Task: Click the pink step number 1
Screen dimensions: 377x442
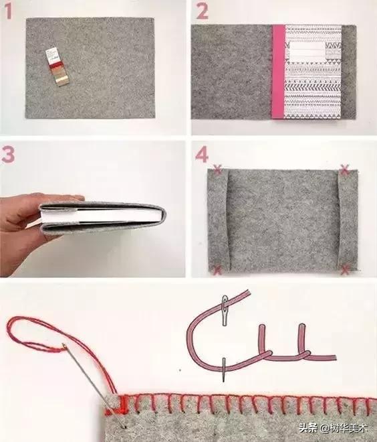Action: pyautogui.click(x=8, y=11)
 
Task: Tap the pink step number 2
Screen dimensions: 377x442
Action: pyautogui.click(x=202, y=11)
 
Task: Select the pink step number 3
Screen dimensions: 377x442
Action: pyautogui.click(x=8, y=155)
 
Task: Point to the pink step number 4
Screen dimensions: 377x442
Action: pyautogui.click(x=202, y=155)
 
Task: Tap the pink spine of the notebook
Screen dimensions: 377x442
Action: pyautogui.click(x=278, y=72)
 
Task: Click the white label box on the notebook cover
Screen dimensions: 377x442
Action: pyautogui.click(x=305, y=50)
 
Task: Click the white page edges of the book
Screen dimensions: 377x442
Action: pyautogui.click(x=102, y=216)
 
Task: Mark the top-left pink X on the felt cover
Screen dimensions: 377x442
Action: pyautogui.click(x=217, y=169)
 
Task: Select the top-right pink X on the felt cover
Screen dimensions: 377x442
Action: pyautogui.click(x=345, y=169)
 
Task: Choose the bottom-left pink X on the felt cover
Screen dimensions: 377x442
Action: pyautogui.click(x=217, y=270)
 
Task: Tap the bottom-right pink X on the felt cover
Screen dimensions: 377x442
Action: pyautogui.click(x=345, y=270)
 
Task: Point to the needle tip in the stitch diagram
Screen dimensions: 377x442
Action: pyautogui.click(x=224, y=380)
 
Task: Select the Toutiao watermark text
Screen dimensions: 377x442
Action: pyautogui.click(x=333, y=429)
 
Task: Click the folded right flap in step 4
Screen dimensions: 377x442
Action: pyautogui.click(x=348, y=220)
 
